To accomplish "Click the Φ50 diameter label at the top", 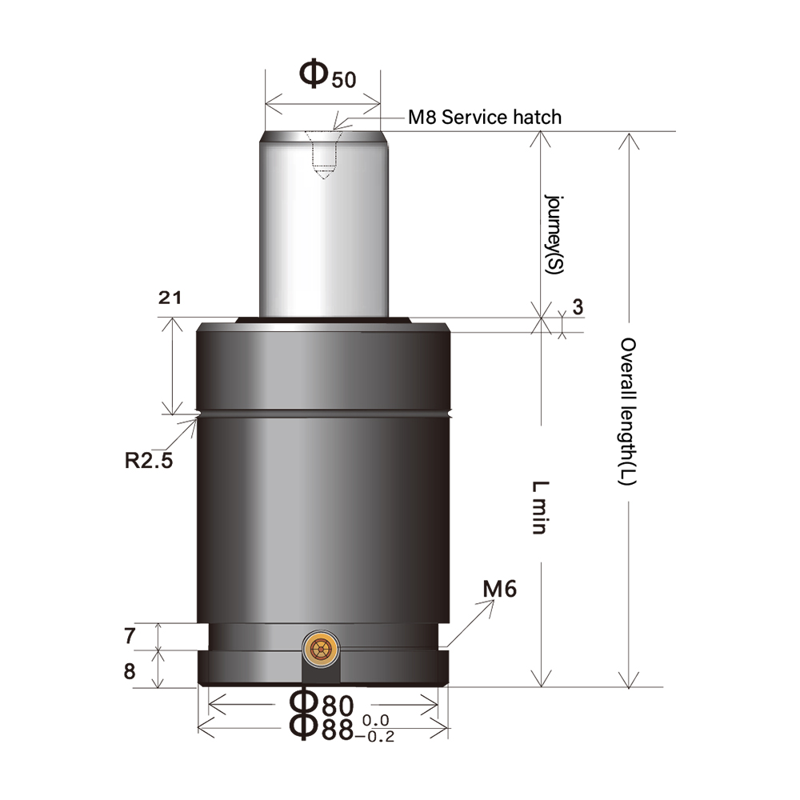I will (326, 74).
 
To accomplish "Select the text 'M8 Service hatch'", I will (484, 117).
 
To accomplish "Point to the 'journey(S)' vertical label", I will (552, 234).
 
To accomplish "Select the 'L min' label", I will (540, 508).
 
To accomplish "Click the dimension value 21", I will (170, 298).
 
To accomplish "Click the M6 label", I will (501, 590).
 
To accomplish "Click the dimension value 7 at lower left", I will (130, 637).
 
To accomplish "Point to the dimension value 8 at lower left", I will (130, 670).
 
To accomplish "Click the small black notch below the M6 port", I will (320, 674).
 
